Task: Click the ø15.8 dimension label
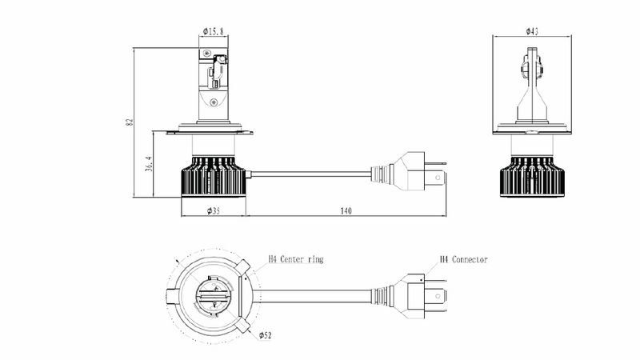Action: [213, 31]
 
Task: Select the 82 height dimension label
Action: [130, 122]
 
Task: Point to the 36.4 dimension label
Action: [149, 164]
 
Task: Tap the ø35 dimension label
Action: [214, 210]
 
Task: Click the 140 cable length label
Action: [346, 210]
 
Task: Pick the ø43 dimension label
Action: [532, 31]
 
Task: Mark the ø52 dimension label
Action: [265, 335]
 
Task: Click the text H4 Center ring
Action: [296, 259]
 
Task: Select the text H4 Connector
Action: [464, 259]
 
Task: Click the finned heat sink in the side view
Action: [214, 176]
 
